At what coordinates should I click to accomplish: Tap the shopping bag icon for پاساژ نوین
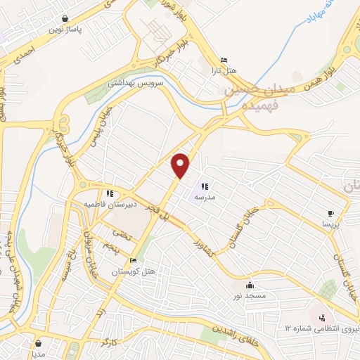[x=65, y=19]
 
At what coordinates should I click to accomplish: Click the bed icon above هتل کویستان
[x=133, y=261]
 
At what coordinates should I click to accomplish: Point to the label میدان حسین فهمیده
[x=252, y=97]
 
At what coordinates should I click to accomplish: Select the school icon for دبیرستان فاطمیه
[x=109, y=193]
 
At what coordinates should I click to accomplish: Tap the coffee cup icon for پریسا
[x=331, y=212]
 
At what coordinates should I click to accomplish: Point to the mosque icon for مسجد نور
[x=250, y=285]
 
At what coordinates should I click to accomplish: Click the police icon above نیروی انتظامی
[x=323, y=318]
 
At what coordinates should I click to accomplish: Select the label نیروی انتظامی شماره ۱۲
[x=323, y=328]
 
